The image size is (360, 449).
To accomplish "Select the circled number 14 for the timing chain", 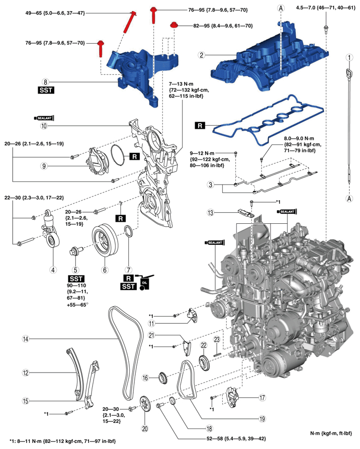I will click(26, 339).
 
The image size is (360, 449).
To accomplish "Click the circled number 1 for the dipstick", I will click(348, 58).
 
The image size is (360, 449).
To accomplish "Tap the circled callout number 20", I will click(145, 429).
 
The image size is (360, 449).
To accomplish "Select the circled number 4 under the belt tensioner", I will click(52, 269).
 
